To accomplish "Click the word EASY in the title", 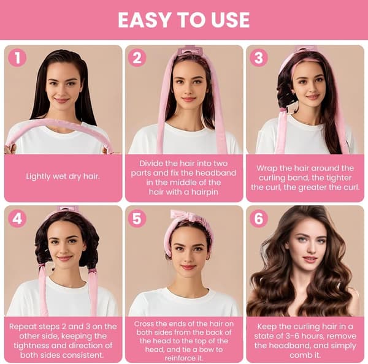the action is [x=144, y=20].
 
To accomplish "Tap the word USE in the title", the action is [x=231, y=20].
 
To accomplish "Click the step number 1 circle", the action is [x=17, y=58].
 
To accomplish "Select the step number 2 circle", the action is [x=137, y=58].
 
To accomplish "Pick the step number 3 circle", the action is [x=259, y=58].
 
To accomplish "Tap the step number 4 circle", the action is [x=17, y=219].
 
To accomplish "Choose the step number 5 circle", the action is [x=137, y=219].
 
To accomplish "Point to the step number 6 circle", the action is [x=259, y=219].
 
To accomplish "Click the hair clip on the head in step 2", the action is [x=190, y=50].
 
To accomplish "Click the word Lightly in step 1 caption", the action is [x=37, y=176].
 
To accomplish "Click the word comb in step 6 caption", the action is [x=299, y=355].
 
